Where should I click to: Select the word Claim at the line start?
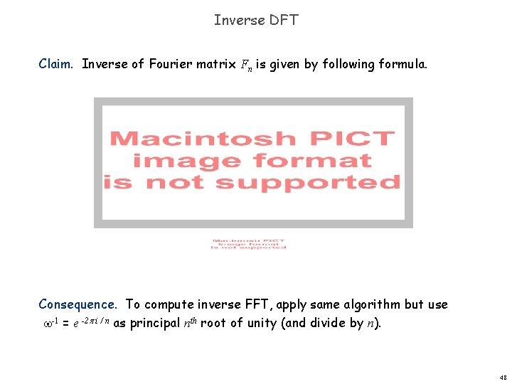(x=55, y=64)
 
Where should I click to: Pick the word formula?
(x=402, y=64)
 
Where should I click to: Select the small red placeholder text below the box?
(x=248, y=243)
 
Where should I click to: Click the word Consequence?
(x=79, y=304)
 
